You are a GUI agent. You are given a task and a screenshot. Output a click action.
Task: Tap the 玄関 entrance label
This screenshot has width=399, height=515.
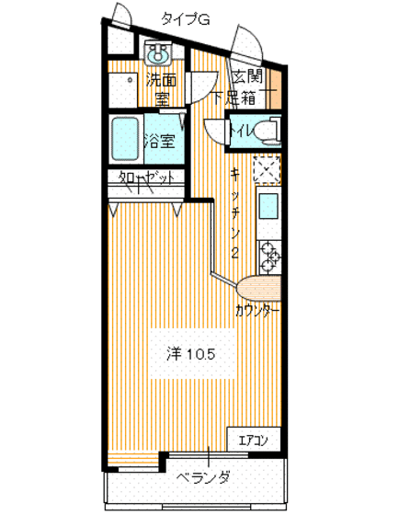[x=248, y=76]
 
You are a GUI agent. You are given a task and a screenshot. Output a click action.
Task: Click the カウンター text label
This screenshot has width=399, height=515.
[x=256, y=311]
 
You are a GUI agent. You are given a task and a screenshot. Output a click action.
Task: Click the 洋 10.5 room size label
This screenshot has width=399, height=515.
[x=190, y=353]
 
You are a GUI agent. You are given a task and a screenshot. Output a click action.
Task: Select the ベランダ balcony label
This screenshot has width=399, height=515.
[x=204, y=477]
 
